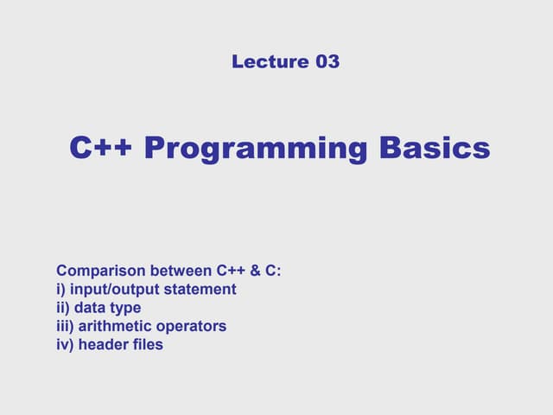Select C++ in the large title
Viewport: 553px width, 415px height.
pos(101,148)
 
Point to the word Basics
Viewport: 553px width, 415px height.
pos(435,148)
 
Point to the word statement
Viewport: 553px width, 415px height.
pos(199,289)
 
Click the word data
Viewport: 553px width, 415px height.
pos(89,308)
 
